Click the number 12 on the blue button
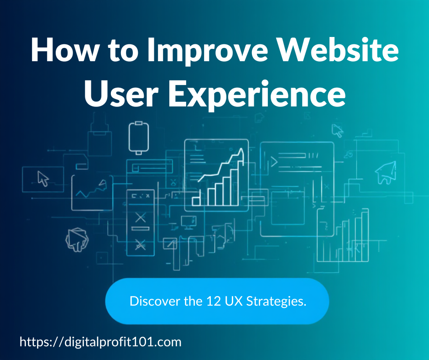(214, 301)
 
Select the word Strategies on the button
(276, 302)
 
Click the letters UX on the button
(234, 301)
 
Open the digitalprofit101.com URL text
(100, 342)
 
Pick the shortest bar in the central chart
(196, 201)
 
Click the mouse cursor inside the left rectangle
(43, 178)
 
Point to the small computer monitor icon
(188, 222)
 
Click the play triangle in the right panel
(274, 162)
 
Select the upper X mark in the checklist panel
(141, 217)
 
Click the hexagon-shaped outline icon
(77, 239)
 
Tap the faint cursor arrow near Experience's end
(337, 130)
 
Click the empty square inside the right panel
(288, 208)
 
